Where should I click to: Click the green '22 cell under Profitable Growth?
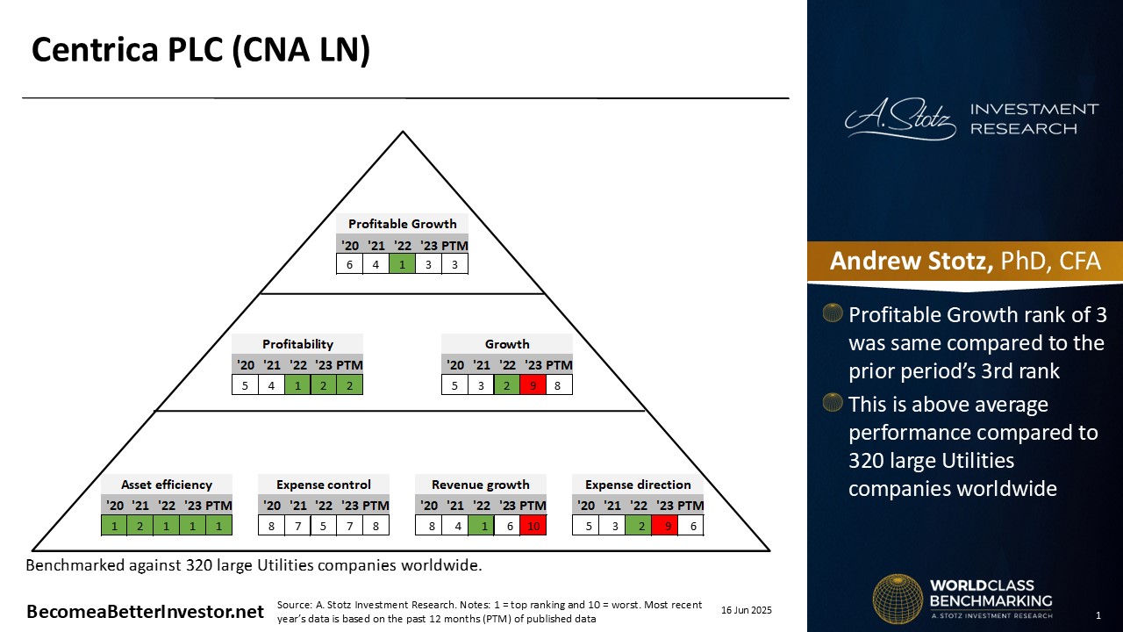pos(402,264)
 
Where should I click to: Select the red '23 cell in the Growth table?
pos(533,385)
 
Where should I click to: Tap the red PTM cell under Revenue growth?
pos(533,526)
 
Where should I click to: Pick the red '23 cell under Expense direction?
pos(665,526)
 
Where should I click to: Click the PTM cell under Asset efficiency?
pos(219,526)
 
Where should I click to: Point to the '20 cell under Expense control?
pos(271,526)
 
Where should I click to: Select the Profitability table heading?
pos(297,344)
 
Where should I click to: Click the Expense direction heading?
pos(638,485)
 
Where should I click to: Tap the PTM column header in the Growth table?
pos(559,365)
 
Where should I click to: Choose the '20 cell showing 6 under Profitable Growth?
pos(349,264)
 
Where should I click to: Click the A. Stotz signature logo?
pos(900,118)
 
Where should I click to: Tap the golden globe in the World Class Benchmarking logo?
pos(898,599)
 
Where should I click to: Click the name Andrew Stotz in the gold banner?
pos(911,261)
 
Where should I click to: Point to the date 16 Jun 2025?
pos(747,610)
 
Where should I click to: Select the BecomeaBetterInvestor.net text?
pos(145,612)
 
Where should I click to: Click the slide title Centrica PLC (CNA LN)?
pos(201,50)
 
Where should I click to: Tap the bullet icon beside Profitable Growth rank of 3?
pos(833,312)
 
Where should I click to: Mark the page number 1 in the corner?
pos(1098,615)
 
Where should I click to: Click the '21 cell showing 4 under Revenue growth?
pos(457,526)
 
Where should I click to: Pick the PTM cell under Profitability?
pos(350,385)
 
